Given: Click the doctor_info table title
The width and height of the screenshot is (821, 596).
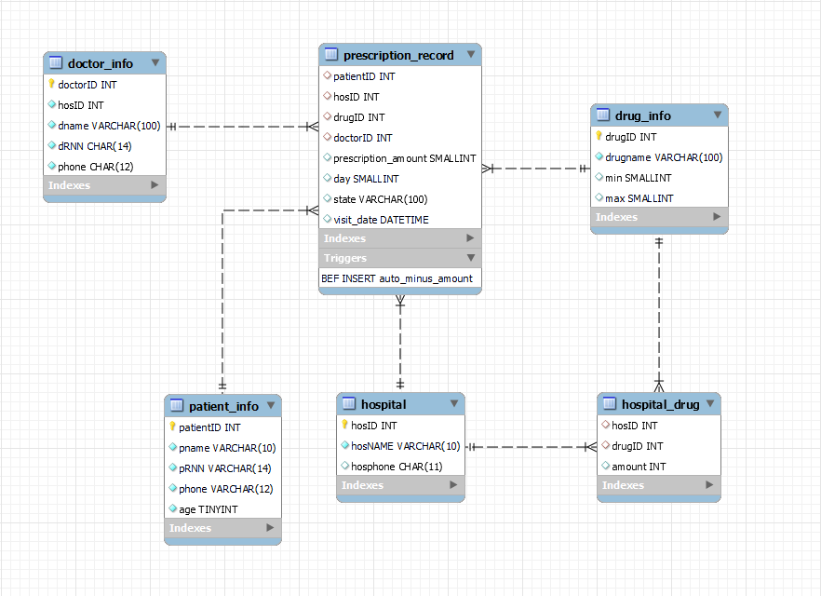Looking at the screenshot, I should click(100, 63).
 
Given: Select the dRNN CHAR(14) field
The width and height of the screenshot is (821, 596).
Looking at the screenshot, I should click(94, 146).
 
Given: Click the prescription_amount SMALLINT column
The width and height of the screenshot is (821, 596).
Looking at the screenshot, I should click(404, 158).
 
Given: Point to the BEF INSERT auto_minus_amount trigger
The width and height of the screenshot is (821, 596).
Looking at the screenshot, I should click(397, 278).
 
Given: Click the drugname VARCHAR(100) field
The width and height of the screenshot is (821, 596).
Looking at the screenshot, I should click(664, 157).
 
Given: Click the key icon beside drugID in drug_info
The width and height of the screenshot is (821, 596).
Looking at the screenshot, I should click(599, 137).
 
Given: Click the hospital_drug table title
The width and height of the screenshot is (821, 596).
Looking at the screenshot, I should click(660, 404).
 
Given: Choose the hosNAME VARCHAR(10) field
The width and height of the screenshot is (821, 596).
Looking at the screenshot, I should click(406, 446).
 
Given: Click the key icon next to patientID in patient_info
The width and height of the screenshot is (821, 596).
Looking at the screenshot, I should click(172, 427).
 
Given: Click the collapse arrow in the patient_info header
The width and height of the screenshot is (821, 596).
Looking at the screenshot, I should click(271, 406).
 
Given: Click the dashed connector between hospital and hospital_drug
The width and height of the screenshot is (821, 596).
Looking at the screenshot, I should click(531, 447).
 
